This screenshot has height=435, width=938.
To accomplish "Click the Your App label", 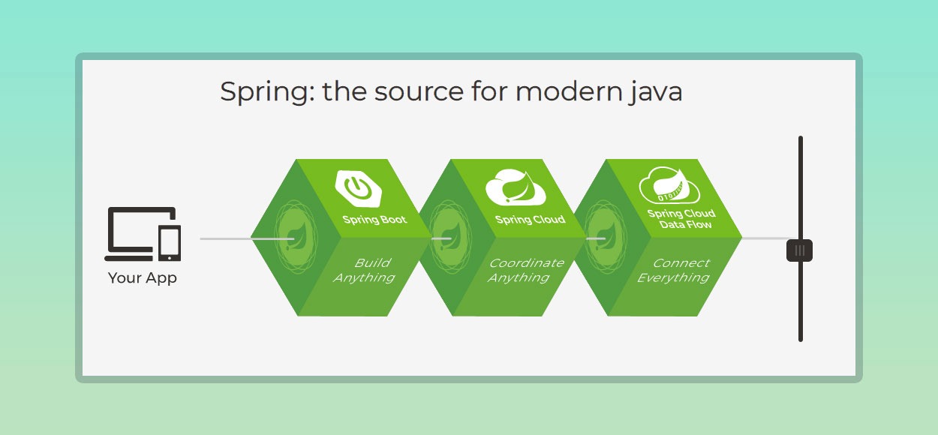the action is pos(143,278).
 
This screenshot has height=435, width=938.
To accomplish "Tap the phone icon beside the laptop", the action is pos(170,243).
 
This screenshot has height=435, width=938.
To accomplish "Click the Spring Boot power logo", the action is pos(358,188).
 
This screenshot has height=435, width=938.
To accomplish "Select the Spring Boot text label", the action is pos(374,220).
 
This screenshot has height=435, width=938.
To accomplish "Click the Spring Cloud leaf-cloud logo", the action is pos(516,187).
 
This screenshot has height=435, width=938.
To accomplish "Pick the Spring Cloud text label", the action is pos(530,220).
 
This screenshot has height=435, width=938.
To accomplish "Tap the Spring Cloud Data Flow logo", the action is pos(669,185).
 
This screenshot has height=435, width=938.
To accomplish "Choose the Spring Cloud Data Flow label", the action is pos(681,218).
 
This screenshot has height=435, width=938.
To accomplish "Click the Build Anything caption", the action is pos(364,270).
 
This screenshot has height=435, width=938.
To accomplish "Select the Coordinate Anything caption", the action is pos(525,270).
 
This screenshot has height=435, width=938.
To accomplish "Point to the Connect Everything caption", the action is pos(673,270).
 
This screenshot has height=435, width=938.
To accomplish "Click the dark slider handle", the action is pos(799,250).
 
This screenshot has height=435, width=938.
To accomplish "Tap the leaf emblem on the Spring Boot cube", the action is pos(296,237).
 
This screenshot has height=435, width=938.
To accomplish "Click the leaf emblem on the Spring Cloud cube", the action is pos(450,237).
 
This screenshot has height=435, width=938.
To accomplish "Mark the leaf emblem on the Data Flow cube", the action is pos(605,237).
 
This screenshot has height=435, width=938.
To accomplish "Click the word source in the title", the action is pos(419,92).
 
